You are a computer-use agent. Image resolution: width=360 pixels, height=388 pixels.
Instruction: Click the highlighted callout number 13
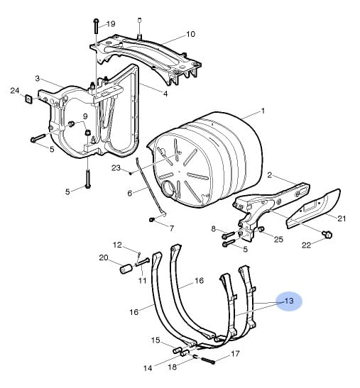(x=289, y=301)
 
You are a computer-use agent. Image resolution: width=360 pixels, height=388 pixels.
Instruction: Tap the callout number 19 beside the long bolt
(x=111, y=23)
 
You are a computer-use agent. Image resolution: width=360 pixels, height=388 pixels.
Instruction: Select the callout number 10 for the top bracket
(x=190, y=34)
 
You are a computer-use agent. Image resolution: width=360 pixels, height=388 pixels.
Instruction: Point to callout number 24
(x=15, y=91)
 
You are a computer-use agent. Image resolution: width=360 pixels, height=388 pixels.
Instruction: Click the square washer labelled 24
(x=29, y=99)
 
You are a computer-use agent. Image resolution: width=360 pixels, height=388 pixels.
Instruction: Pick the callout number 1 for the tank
(x=263, y=111)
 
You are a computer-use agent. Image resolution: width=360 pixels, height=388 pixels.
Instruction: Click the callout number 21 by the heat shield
(x=342, y=218)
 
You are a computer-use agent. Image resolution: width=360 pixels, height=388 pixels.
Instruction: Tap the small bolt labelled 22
(x=327, y=234)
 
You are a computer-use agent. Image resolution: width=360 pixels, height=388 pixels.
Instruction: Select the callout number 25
(x=278, y=239)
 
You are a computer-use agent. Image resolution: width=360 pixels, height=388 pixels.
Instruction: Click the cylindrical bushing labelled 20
(x=126, y=270)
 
